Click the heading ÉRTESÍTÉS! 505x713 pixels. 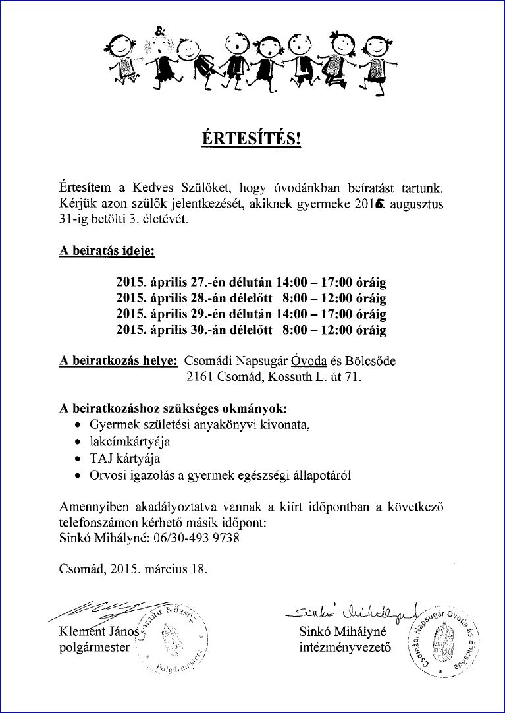(251, 139)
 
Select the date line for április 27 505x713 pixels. (251, 283)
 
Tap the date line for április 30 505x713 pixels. (251, 330)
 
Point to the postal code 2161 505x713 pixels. (199, 377)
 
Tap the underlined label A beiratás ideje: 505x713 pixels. (107, 252)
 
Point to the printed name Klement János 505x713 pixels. (95, 633)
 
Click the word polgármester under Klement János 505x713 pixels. (95, 648)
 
